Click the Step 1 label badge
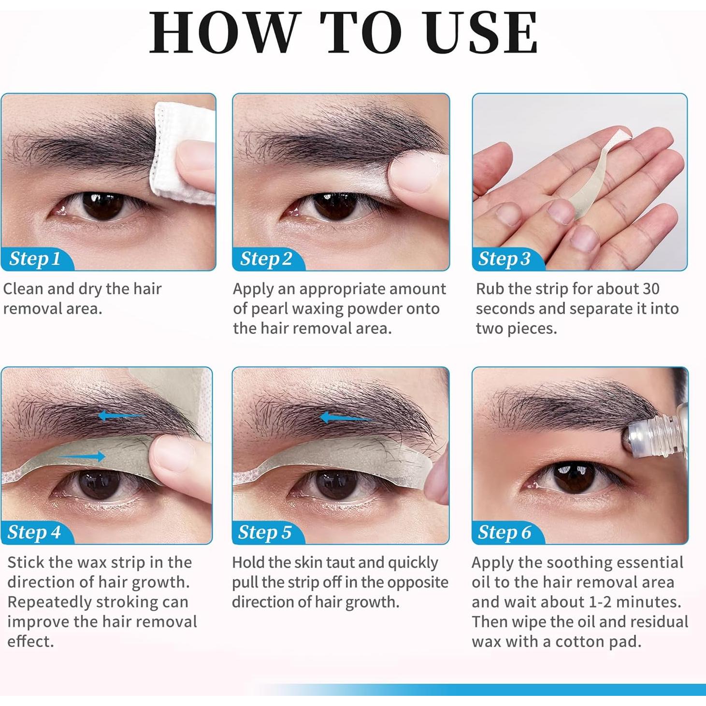coord(35,259)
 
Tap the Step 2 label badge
coord(266,259)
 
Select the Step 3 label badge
coord(504,259)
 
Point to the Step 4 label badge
coord(34,533)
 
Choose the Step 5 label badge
coord(265,533)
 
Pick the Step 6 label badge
coord(504,533)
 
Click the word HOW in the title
coord(222,33)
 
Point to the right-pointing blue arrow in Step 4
coord(82,456)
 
